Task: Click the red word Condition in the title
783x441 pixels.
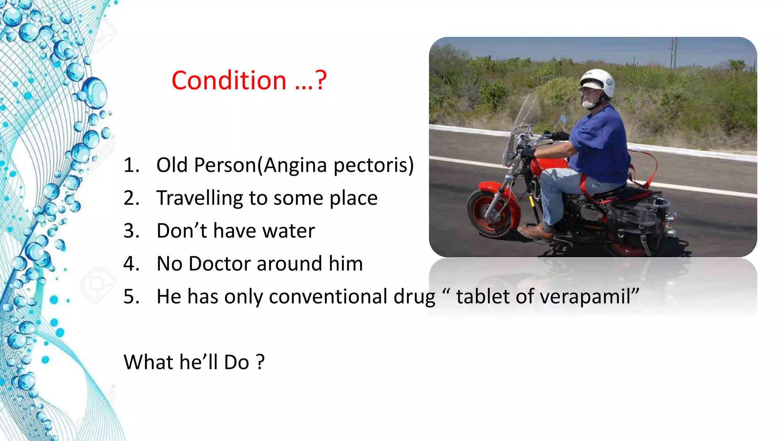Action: pos(229,81)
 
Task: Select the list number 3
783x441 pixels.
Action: pos(131,231)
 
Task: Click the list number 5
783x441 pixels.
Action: pos(131,297)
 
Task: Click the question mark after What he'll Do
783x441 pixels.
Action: pos(260,362)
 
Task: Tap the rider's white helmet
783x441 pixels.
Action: pos(598,82)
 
